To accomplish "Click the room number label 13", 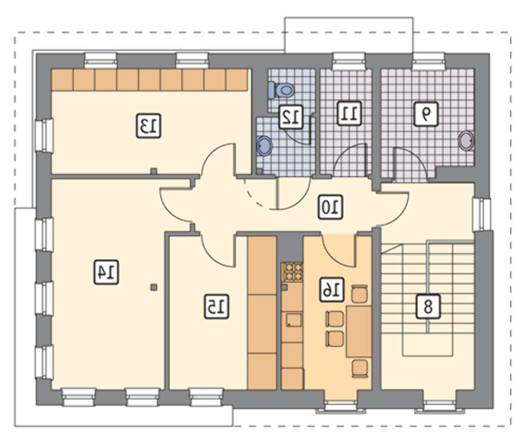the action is [x=149, y=125].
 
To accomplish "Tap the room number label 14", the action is [x=106, y=272].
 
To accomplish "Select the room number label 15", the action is [x=217, y=306].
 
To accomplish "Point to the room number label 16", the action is [x=331, y=289].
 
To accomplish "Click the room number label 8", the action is [x=428, y=306].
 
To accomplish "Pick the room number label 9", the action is [x=426, y=114].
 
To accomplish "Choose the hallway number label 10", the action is [x=331, y=207].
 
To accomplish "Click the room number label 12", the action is [x=291, y=117].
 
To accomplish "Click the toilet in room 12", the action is [x=281, y=90].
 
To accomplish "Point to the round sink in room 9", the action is [x=467, y=140].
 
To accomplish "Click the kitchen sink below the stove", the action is [x=294, y=319].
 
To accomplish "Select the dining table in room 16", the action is [x=359, y=331].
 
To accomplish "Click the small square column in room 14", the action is [x=153, y=287].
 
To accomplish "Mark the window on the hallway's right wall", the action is [x=482, y=215].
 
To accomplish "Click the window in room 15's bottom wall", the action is [x=207, y=397].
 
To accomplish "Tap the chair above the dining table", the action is [x=359, y=294].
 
